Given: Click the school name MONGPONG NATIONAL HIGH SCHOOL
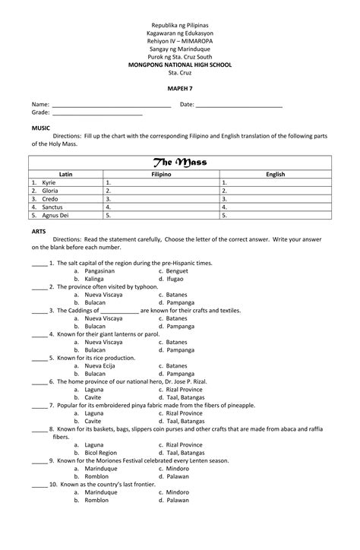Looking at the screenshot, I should tap(180, 65).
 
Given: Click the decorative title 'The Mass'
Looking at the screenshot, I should tap(180, 163).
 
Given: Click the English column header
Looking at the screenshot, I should tap(275, 175).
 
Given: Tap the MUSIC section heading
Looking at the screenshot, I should tap(39, 128).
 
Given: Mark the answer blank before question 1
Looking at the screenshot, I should tap(39, 264).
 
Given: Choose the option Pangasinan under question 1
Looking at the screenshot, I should tap(99, 270).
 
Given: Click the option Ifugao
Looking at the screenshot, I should tap(175, 279).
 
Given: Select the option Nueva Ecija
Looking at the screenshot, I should tap(99, 365).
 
